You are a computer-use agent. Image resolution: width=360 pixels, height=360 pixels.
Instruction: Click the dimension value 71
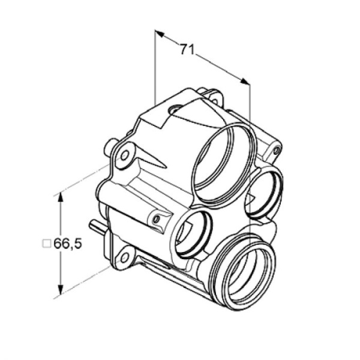click(x=187, y=49)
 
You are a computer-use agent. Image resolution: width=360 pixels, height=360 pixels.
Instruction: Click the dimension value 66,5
click(x=67, y=244)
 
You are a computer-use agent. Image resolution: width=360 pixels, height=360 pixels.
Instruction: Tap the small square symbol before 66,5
click(x=47, y=244)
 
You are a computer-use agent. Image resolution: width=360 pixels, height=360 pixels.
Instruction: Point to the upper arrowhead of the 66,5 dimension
click(x=61, y=197)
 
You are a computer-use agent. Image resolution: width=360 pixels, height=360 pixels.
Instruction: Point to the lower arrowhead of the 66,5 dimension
click(x=61, y=290)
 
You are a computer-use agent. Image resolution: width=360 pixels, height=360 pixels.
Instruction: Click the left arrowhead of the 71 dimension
click(x=160, y=34)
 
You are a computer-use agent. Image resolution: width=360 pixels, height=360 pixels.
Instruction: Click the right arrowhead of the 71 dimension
click(x=245, y=81)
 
